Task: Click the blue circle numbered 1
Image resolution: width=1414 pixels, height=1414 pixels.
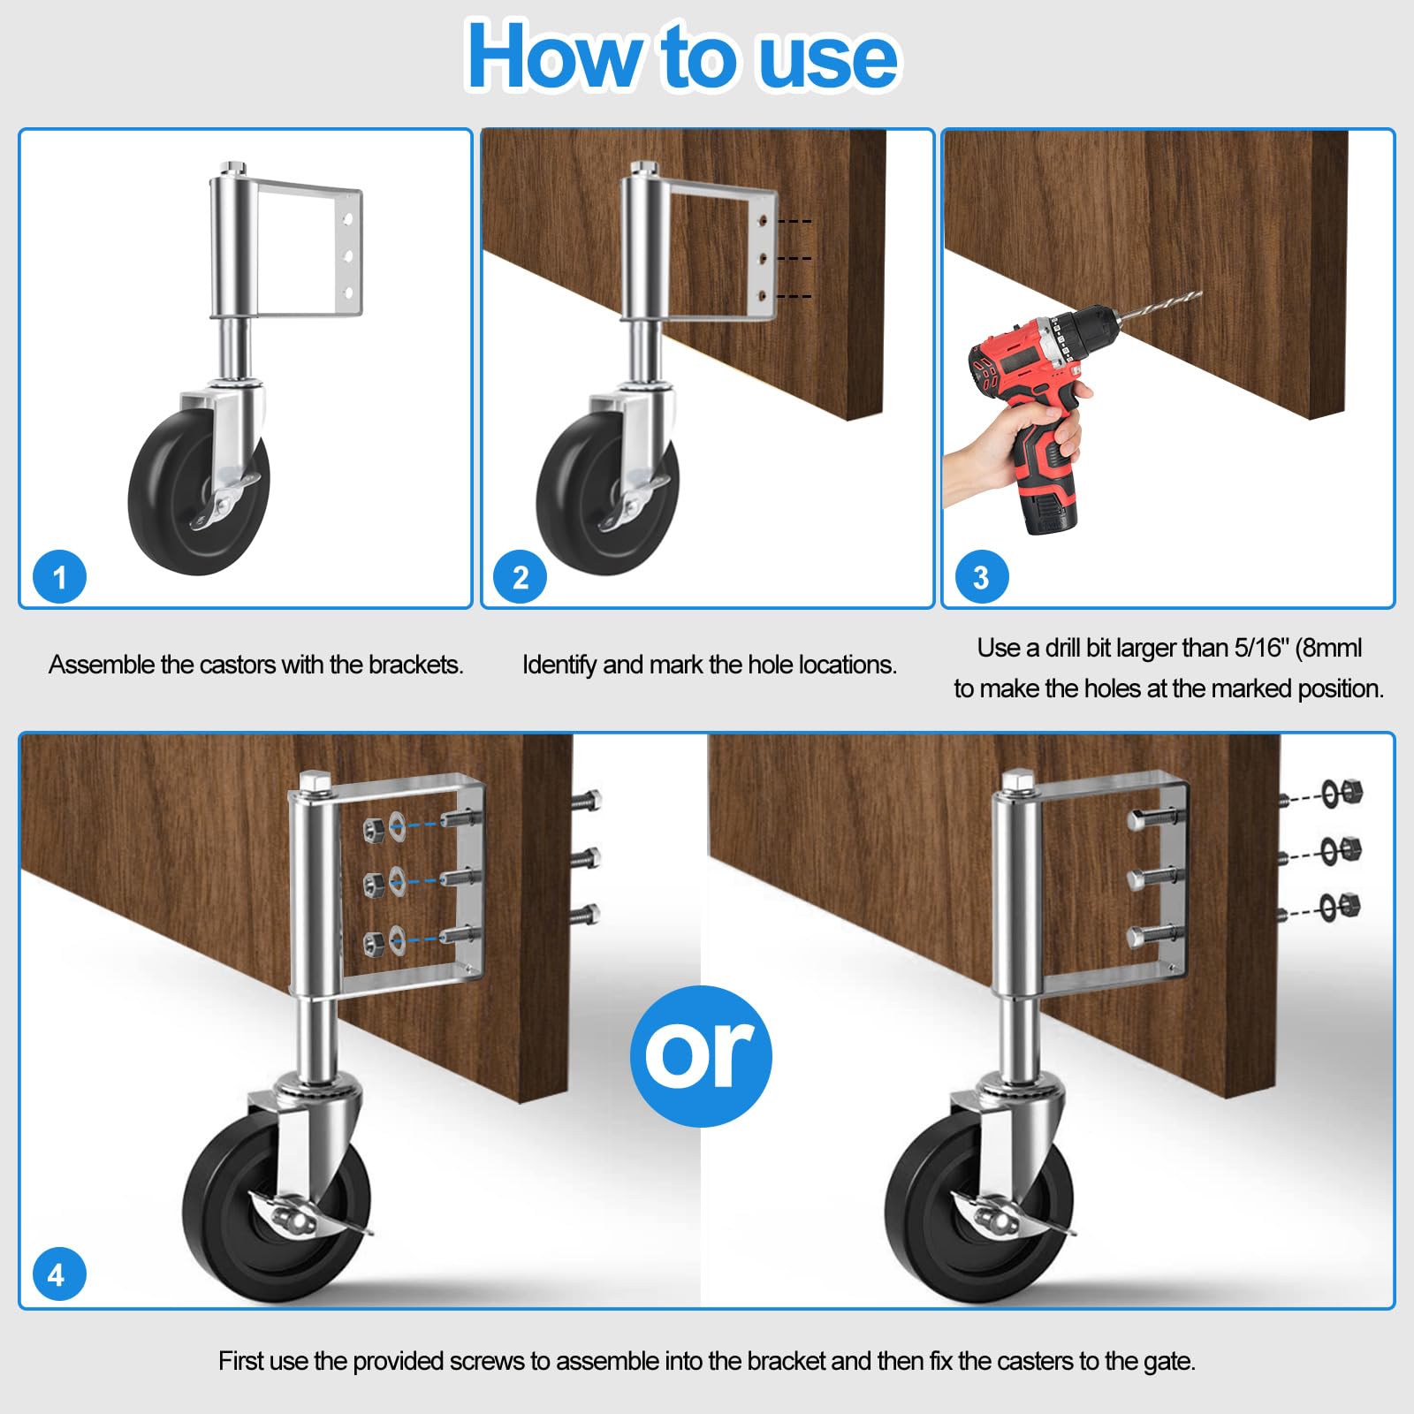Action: click(x=59, y=577)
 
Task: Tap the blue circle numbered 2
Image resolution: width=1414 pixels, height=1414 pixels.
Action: click(x=521, y=577)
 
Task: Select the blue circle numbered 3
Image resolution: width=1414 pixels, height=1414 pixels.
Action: click(x=981, y=577)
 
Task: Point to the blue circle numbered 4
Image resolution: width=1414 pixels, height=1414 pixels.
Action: click(x=57, y=1274)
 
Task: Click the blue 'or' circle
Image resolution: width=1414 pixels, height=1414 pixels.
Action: click(x=701, y=1056)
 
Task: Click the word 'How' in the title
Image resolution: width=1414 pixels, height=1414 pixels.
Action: click(x=553, y=57)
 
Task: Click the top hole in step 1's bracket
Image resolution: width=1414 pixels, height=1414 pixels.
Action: click(x=349, y=217)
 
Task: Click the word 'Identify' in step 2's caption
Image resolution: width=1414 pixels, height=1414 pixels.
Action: click(x=559, y=665)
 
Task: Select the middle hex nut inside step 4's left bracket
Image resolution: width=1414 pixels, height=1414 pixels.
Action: click(x=372, y=881)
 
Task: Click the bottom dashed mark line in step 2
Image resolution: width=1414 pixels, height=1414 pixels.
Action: click(x=794, y=296)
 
